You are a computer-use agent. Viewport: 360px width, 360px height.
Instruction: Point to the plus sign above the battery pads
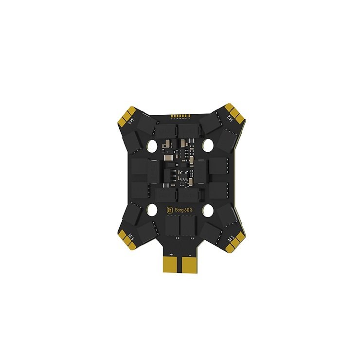(x=172, y=253)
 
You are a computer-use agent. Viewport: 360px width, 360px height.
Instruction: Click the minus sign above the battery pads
(x=188, y=253)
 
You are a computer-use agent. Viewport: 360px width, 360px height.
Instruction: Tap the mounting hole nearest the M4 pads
(x=151, y=145)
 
